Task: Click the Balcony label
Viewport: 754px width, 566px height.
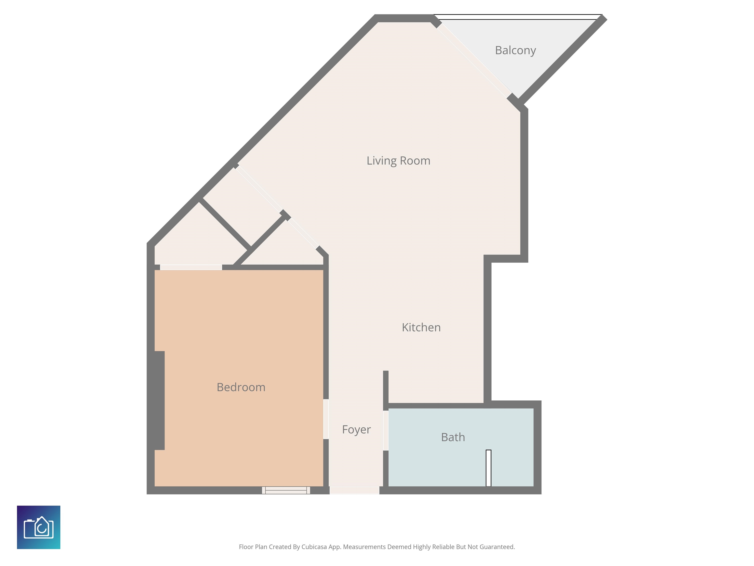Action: pyautogui.click(x=515, y=51)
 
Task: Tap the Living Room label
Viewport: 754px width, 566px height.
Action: pyautogui.click(x=398, y=161)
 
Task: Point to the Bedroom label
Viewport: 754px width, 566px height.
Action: pyautogui.click(x=241, y=387)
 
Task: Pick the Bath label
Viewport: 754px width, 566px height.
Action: pyautogui.click(x=453, y=437)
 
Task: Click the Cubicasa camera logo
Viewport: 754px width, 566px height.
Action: pyautogui.click(x=39, y=527)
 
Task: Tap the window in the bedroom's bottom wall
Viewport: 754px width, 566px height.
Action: pyautogui.click(x=286, y=490)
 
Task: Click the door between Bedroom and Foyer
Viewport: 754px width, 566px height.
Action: pyautogui.click(x=326, y=419)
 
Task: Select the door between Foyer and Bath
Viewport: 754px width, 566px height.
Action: pyautogui.click(x=386, y=431)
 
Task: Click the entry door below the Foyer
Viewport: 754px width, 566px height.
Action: pyautogui.click(x=354, y=490)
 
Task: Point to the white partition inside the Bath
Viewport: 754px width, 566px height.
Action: pyautogui.click(x=488, y=468)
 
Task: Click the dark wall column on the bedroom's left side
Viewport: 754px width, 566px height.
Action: pyautogui.click(x=159, y=400)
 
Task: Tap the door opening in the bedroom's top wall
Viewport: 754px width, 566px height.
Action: pyautogui.click(x=191, y=268)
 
